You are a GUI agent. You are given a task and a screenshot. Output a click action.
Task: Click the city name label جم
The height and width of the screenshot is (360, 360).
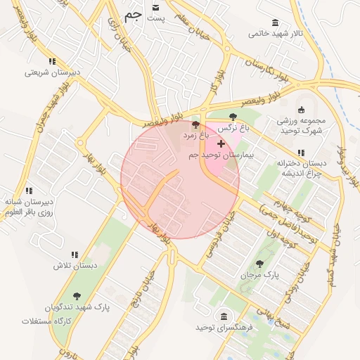click(132, 16)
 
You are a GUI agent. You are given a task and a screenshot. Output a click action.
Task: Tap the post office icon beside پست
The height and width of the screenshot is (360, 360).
click(155, 7)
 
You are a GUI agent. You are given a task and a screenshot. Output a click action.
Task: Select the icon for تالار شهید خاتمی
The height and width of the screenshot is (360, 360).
click(274, 22)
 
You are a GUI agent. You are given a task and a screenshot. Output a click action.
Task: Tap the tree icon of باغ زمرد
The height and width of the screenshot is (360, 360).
click(195, 124)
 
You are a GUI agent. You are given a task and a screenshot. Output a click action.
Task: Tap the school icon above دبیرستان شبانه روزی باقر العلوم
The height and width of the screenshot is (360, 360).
click(29, 190)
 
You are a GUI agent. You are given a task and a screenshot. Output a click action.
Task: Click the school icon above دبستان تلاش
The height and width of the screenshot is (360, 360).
click(74, 255)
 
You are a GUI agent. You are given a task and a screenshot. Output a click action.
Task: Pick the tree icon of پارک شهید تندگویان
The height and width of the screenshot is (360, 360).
click(77, 296)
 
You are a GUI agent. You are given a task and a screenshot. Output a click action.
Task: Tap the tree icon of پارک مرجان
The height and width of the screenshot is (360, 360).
click(259, 264)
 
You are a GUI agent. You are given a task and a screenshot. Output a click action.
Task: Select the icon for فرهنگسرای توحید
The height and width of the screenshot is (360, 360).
click(224, 316)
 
